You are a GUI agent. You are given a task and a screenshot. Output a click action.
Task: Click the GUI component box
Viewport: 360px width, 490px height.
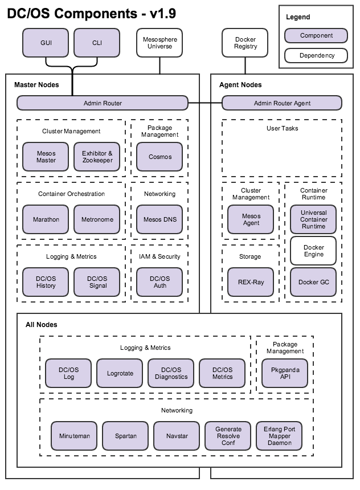click(46, 43)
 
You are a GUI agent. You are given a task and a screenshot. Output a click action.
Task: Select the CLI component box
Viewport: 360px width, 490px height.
click(97, 43)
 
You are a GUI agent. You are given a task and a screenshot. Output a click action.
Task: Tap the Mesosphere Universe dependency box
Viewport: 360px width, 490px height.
click(159, 43)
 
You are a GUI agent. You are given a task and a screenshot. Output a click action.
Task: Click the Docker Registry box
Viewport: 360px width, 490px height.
click(245, 43)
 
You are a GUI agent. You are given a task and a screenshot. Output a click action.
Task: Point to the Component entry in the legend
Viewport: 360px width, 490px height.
click(316, 35)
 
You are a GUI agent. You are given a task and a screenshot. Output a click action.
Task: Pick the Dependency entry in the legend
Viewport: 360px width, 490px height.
click(316, 56)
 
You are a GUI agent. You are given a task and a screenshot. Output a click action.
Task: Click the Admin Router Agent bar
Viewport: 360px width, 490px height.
click(282, 103)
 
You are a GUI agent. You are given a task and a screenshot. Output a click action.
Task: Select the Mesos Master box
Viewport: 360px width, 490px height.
click(46, 157)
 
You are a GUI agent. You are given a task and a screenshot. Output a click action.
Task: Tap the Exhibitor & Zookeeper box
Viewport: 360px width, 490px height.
click(97, 157)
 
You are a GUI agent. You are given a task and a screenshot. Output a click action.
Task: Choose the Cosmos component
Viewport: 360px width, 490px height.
click(159, 157)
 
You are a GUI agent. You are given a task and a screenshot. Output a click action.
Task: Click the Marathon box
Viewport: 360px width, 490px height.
click(46, 219)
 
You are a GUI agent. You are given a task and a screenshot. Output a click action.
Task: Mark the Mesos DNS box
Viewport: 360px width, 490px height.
click(159, 219)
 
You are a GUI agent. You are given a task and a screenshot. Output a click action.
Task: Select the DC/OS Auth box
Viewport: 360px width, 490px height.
click(159, 282)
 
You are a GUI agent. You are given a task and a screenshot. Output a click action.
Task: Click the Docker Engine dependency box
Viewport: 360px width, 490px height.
click(313, 251)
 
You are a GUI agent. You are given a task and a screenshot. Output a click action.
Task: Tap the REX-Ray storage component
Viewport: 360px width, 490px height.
click(251, 282)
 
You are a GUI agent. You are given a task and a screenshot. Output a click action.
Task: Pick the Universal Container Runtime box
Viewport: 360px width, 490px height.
click(313, 219)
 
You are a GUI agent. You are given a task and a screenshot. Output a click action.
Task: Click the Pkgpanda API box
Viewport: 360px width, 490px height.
click(285, 373)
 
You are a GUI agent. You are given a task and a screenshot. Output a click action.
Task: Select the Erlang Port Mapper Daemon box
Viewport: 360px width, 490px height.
click(279, 436)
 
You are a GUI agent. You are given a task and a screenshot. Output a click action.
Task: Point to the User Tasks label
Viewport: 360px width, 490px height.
click(282, 128)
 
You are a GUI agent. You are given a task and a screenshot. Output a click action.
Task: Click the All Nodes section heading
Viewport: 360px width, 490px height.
click(42, 325)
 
